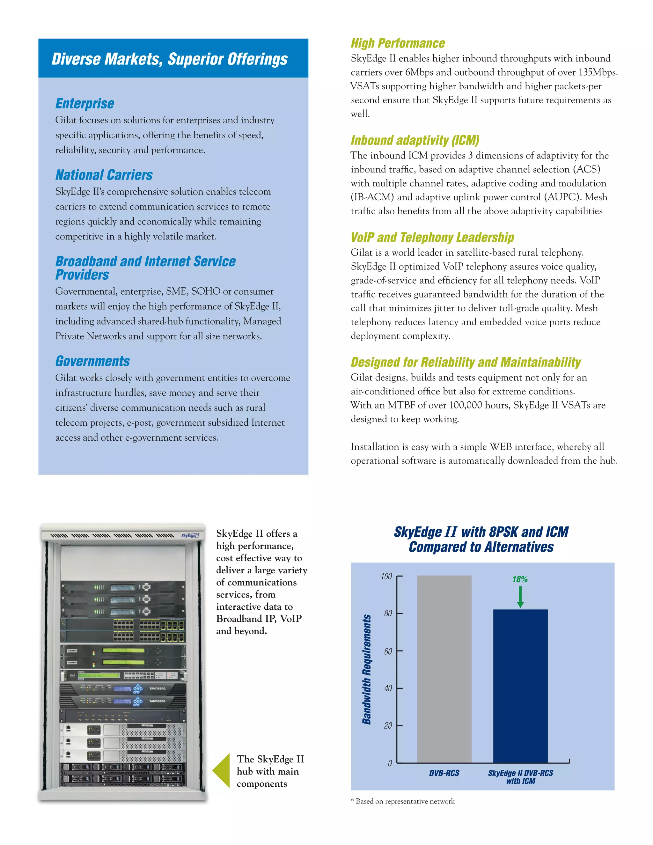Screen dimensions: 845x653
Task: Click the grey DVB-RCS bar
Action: pyautogui.click(x=444, y=669)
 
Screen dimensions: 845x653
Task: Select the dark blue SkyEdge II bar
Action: pyautogui.click(x=520, y=687)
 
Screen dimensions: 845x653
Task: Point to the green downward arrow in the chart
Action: pyautogui.click(x=520, y=597)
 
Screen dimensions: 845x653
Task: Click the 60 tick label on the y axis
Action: pyautogui.click(x=388, y=651)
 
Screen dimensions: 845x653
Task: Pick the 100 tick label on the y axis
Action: pyautogui.click(x=386, y=577)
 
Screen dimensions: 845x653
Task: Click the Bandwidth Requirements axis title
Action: pyautogui.click(x=367, y=669)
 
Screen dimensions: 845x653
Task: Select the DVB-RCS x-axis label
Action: pyautogui.click(x=444, y=773)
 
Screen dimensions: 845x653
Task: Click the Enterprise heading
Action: pyautogui.click(x=85, y=104)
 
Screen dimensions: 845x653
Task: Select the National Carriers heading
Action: pyautogui.click(x=104, y=175)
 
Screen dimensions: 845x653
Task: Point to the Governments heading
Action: pyautogui.click(x=92, y=361)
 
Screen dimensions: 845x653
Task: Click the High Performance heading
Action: pyautogui.click(x=398, y=43)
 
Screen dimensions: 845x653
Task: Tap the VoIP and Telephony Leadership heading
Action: pyautogui.click(x=432, y=237)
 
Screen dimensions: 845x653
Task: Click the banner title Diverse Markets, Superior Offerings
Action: pyautogui.click(x=169, y=59)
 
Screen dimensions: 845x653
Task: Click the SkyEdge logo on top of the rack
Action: pyautogui.click(x=190, y=535)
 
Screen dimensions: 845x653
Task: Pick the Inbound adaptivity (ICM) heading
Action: pyautogui.click(x=415, y=140)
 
